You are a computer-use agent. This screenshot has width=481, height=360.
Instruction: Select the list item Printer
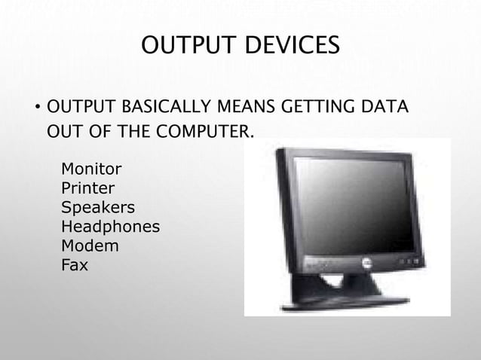pos(88,187)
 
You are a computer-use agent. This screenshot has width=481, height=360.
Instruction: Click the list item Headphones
pos(110,226)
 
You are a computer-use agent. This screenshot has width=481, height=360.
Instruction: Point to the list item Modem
pos(90,246)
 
